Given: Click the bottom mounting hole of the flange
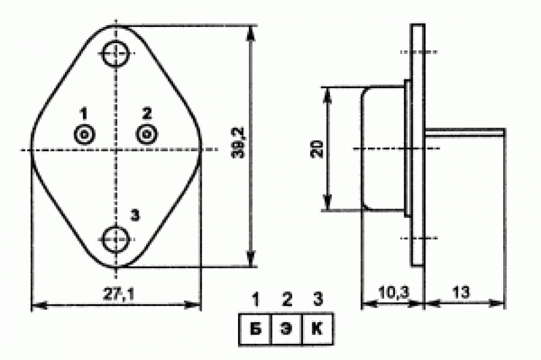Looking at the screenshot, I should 116,238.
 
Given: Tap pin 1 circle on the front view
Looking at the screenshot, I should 84,134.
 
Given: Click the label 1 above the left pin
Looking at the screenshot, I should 83,114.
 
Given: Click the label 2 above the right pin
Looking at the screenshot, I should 147,114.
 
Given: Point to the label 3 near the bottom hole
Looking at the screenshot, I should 135,216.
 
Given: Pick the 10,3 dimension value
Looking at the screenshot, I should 393,292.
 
